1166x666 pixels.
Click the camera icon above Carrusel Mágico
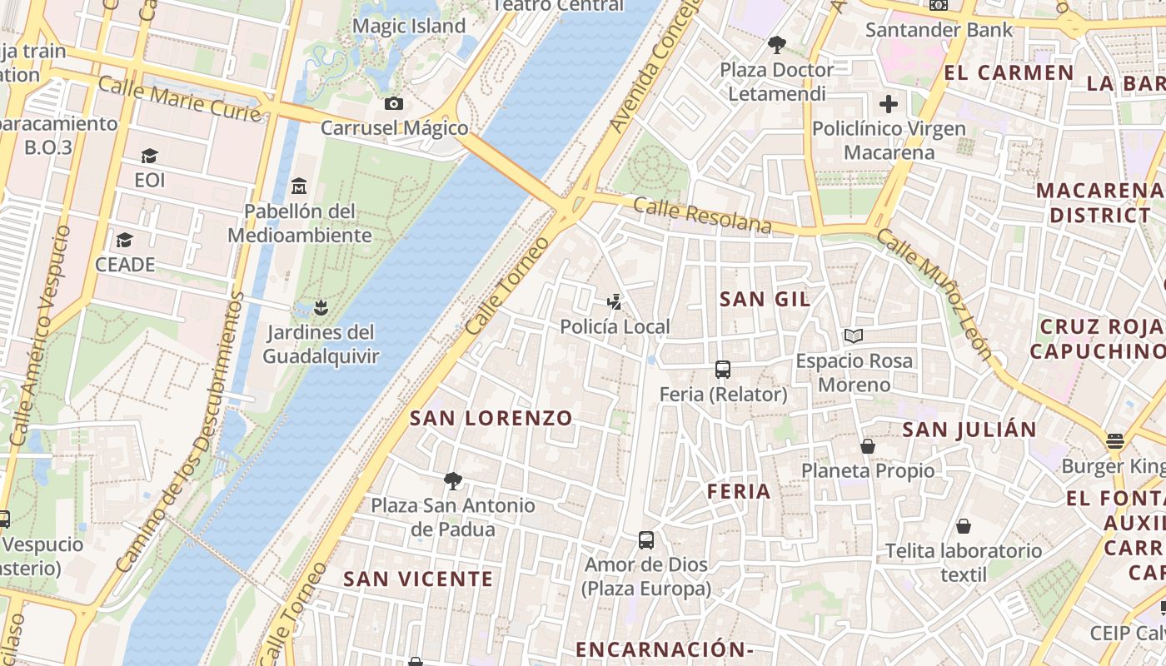pyautogui.click(x=394, y=104)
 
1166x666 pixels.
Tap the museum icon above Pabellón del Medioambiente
pyautogui.click(x=299, y=186)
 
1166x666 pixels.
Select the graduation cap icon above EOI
pyautogui.click(x=149, y=156)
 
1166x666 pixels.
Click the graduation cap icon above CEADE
pyautogui.click(x=124, y=240)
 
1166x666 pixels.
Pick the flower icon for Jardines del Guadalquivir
pyautogui.click(x=321, y=308)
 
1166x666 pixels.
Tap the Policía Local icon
pyautogui.click(x=615, y=302)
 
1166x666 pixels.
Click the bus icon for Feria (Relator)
pyautogui.click(x=723, y=370)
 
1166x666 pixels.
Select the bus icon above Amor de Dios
pyautogui.click(x=646, y=539)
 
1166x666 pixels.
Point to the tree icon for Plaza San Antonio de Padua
pyautogui.click(x=453, y=480)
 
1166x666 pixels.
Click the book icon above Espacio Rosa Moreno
pyautogui.click(x=854, y=336)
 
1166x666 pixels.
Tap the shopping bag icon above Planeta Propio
pyautogui.click(x=868, y=446)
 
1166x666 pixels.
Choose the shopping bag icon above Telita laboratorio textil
pyautogui.click(x=964, y=526)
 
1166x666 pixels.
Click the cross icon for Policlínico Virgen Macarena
pyautogui.click(x=889, y=104)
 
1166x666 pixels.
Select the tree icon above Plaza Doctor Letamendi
pyautogui.click(x=777, y=45)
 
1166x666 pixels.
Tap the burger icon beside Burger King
pyautogui.click(x=1115, y=440)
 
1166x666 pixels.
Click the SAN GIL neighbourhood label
pyautogui.click(x=765, y=299)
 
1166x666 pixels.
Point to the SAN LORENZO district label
pyautogui.click(x=491, y=418)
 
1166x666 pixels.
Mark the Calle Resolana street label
pyautogui.click(x=702, y=216)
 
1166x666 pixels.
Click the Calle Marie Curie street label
pyautogui.click(x=180, y=98)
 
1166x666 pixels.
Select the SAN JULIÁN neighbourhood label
pyautogui.click(x=969, y=430)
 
